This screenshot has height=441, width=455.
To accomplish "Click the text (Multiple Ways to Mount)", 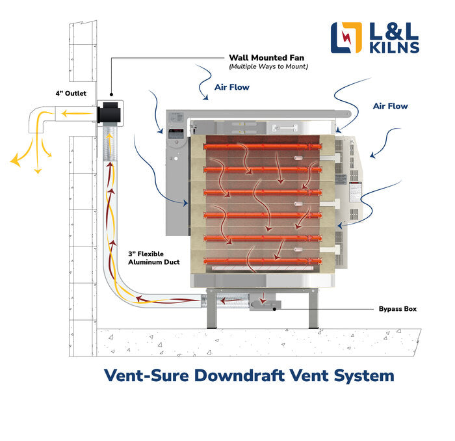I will click(x=267, y=67).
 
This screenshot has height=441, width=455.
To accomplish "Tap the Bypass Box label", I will click(x=398, y=309).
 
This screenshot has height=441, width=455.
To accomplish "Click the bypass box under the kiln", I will click(x=264, y=302).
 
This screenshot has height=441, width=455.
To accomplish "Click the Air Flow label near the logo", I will click(x=391, y=106).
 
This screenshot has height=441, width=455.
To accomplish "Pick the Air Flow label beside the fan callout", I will click(x=232, y=87).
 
